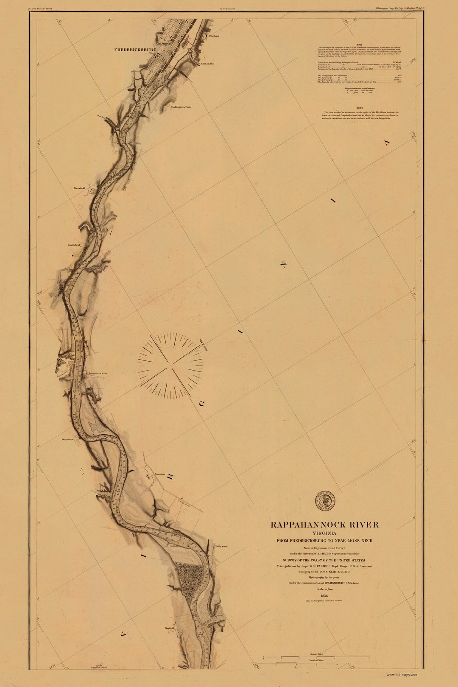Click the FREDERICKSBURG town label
(135, 50)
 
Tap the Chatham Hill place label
(207, 64)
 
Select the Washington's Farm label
(181, 107)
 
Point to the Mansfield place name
(79, 188)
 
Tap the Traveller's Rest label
(97, 374)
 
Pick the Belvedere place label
(67, 439)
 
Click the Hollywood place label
(221, 546)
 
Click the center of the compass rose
(170, 365)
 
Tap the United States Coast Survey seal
(325, 501)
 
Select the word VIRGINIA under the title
(324, 533)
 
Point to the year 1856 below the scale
(325, 595)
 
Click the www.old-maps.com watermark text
(401, 675)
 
